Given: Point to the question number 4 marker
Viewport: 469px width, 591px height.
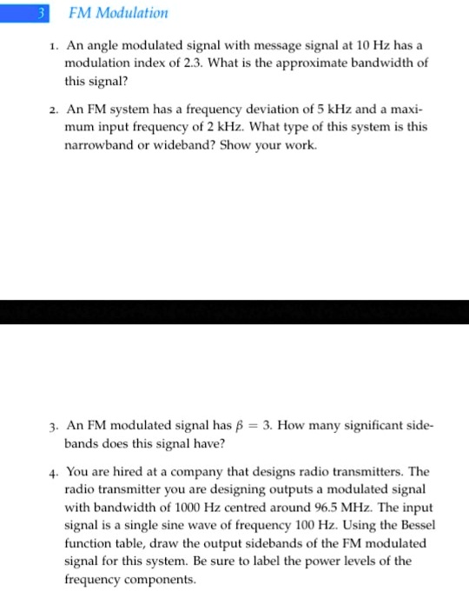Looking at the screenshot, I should tap(54, 472).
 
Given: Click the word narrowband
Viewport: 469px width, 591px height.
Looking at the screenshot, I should tap(101, 145).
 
